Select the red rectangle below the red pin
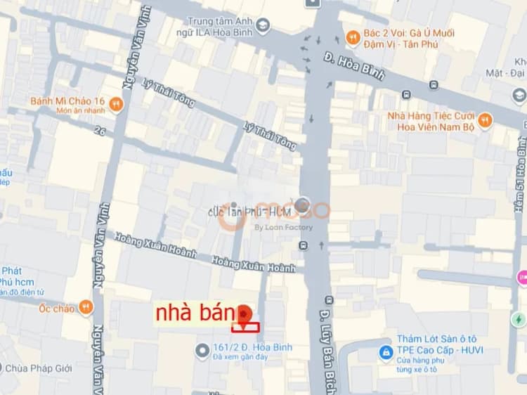point(245,327)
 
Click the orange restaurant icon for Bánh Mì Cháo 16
point(117,105)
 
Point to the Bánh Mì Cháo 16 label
point(67,101)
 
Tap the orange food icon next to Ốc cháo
point(86,307)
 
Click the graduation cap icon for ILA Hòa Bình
point(263,26)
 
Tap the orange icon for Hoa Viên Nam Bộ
point(485,121)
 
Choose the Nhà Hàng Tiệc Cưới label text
point(431,116)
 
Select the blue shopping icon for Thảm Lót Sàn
point(385,351)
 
